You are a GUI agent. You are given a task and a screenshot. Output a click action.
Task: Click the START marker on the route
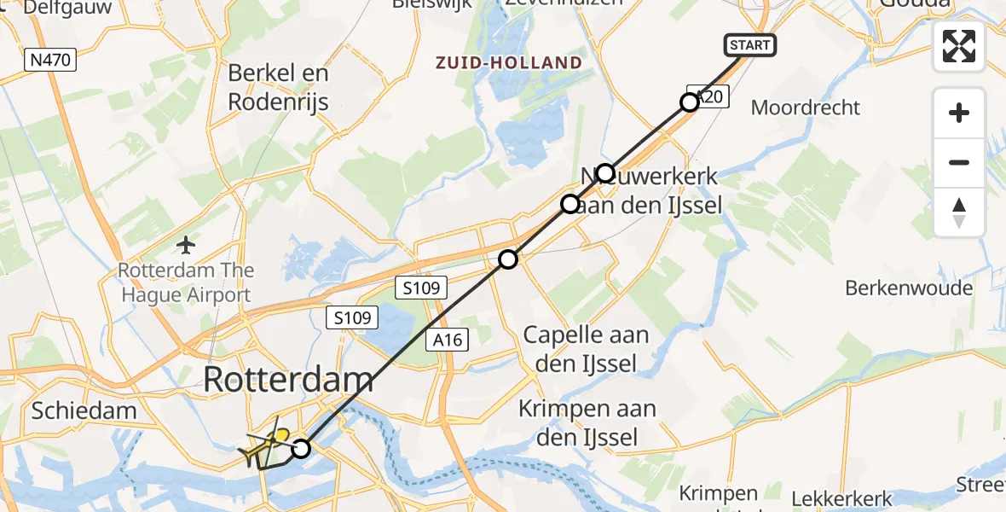click(750, 45)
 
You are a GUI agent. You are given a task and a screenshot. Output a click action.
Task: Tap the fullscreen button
click(959, 46)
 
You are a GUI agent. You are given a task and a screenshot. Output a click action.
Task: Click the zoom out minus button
click(959, 162)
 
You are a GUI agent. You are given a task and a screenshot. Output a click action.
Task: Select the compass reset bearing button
click(959, 212)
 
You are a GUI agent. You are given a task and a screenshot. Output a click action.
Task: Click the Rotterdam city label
click(288, 381)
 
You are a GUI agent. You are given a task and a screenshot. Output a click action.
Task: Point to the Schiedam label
click(84, 410)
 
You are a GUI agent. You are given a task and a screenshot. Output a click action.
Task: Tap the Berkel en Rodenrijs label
click(278, 87)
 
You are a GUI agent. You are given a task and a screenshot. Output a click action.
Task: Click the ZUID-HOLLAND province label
click(509, 62)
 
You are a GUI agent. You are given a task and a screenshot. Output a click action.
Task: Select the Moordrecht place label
click(806, 108)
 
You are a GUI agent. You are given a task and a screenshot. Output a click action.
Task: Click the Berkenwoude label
click(909, 288)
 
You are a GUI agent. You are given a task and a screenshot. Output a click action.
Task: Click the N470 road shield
click(52, 60)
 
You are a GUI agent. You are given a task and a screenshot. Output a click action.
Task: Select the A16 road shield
click(447, 340)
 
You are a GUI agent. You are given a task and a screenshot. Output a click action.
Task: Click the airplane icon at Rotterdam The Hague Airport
click(186, 246)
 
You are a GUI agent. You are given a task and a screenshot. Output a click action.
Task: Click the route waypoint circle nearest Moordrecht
click(690, 102)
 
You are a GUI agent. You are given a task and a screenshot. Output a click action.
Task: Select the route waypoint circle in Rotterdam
click(300, 448)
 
